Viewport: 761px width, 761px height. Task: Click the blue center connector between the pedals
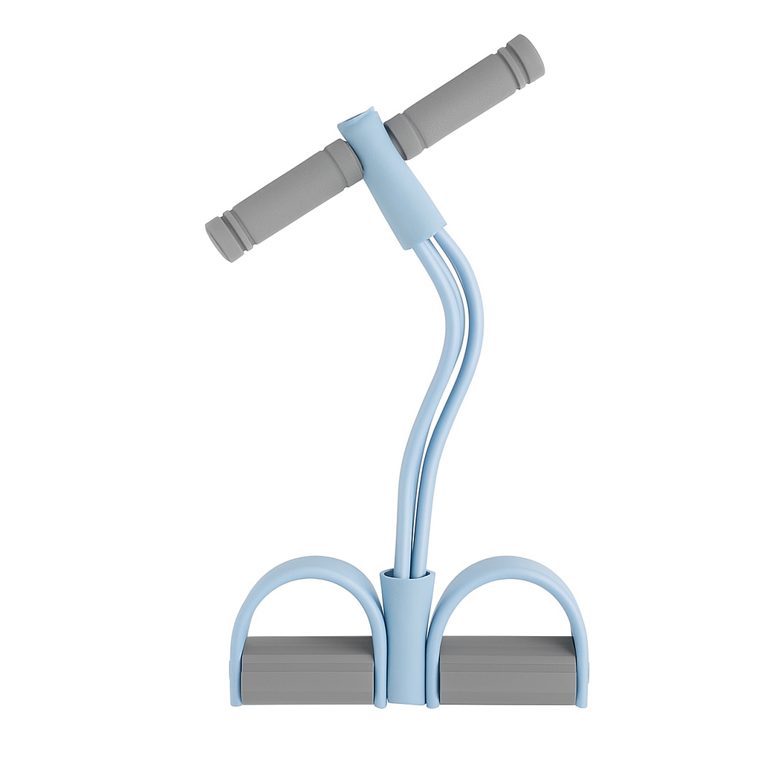[406, 639]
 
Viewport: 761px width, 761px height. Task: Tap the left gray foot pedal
[308, 670]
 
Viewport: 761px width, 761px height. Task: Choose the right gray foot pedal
[507, 670]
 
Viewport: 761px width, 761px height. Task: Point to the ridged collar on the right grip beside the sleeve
[405, 134]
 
